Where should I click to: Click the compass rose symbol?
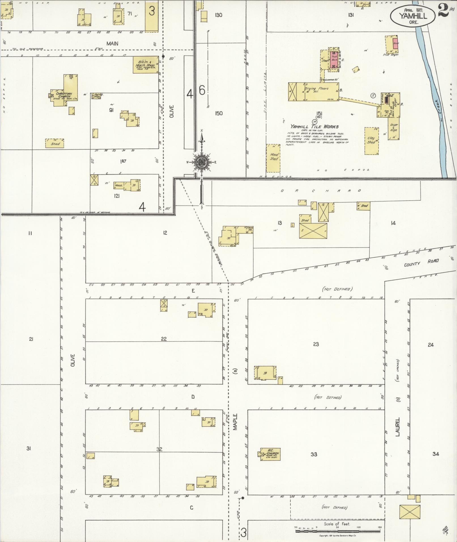pyautogui.click(x=201, y=163)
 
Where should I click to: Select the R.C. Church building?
pyautogui.click(x=271, y=454)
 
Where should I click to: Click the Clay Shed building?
pyautogui.click(x=371, y=141)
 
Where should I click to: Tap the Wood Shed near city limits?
pyautogui.click(x=273, y=158)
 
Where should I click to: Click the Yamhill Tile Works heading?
pyautogui.click(x=314, y=127)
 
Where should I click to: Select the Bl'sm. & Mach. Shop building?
pyautogui.click(x=146, y=65)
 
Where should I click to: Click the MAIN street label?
pyautogui.click(x=112, y=44)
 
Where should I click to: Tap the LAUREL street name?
pyautogui.click(x=398, y=427)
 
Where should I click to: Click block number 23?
pyautogui.click(x=316, y=344)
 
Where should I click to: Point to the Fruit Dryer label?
pyautogui.click(x=392, y=55)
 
